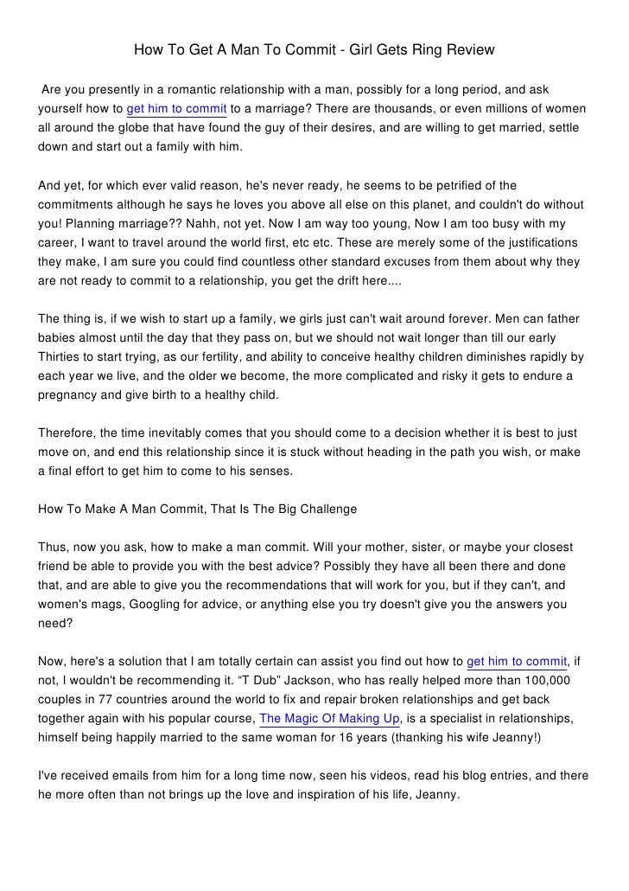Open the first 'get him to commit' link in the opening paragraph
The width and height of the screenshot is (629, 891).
coord(177,108)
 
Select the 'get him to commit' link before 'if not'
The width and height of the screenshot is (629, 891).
coord(517,662)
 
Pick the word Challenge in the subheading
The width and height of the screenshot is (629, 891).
coord(327,509)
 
